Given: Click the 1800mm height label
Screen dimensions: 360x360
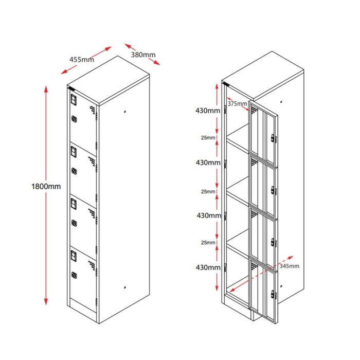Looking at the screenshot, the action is click(x=46, y=186).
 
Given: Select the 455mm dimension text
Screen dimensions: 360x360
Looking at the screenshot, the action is click(x=82, y=60).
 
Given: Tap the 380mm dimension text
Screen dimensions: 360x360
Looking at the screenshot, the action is click(x=143, y=55).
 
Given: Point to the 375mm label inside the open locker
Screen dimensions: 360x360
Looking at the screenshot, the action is click(x=237, y=103).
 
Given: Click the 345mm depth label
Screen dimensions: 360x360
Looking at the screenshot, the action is click(x=289, y=266).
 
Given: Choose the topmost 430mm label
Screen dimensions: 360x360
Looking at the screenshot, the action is click(x=208, y=111).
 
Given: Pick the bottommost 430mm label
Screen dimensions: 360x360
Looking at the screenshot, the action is click(x=208, y=267).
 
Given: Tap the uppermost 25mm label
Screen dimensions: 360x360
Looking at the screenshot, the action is click(x=208, y=137).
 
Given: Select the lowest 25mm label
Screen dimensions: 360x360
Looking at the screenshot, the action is click(x=208, y=242).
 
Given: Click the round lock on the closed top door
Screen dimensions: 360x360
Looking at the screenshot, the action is click(x=74, y=119).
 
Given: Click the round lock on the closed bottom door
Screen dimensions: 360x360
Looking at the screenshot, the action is click(x=74, y=275).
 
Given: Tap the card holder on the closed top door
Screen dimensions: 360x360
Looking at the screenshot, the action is click(x=74, y=99).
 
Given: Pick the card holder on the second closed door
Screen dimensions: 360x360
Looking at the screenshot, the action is click(x=74, y=152).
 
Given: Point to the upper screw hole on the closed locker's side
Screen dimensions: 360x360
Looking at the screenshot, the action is click(x=125, y=112).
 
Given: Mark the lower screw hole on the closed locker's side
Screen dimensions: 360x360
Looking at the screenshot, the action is click(x=125, y=287).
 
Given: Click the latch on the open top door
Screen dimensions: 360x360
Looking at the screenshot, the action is click(x=274, y=138).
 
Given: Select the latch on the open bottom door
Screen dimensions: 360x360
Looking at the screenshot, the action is click(x=274, y=295).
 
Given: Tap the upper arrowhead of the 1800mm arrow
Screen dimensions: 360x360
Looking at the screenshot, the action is click(x=46, y=88).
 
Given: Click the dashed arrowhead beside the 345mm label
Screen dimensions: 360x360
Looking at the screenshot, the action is click(x=291, y=257).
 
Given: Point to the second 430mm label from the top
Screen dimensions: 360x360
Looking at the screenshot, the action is click(x=208, y=163).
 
